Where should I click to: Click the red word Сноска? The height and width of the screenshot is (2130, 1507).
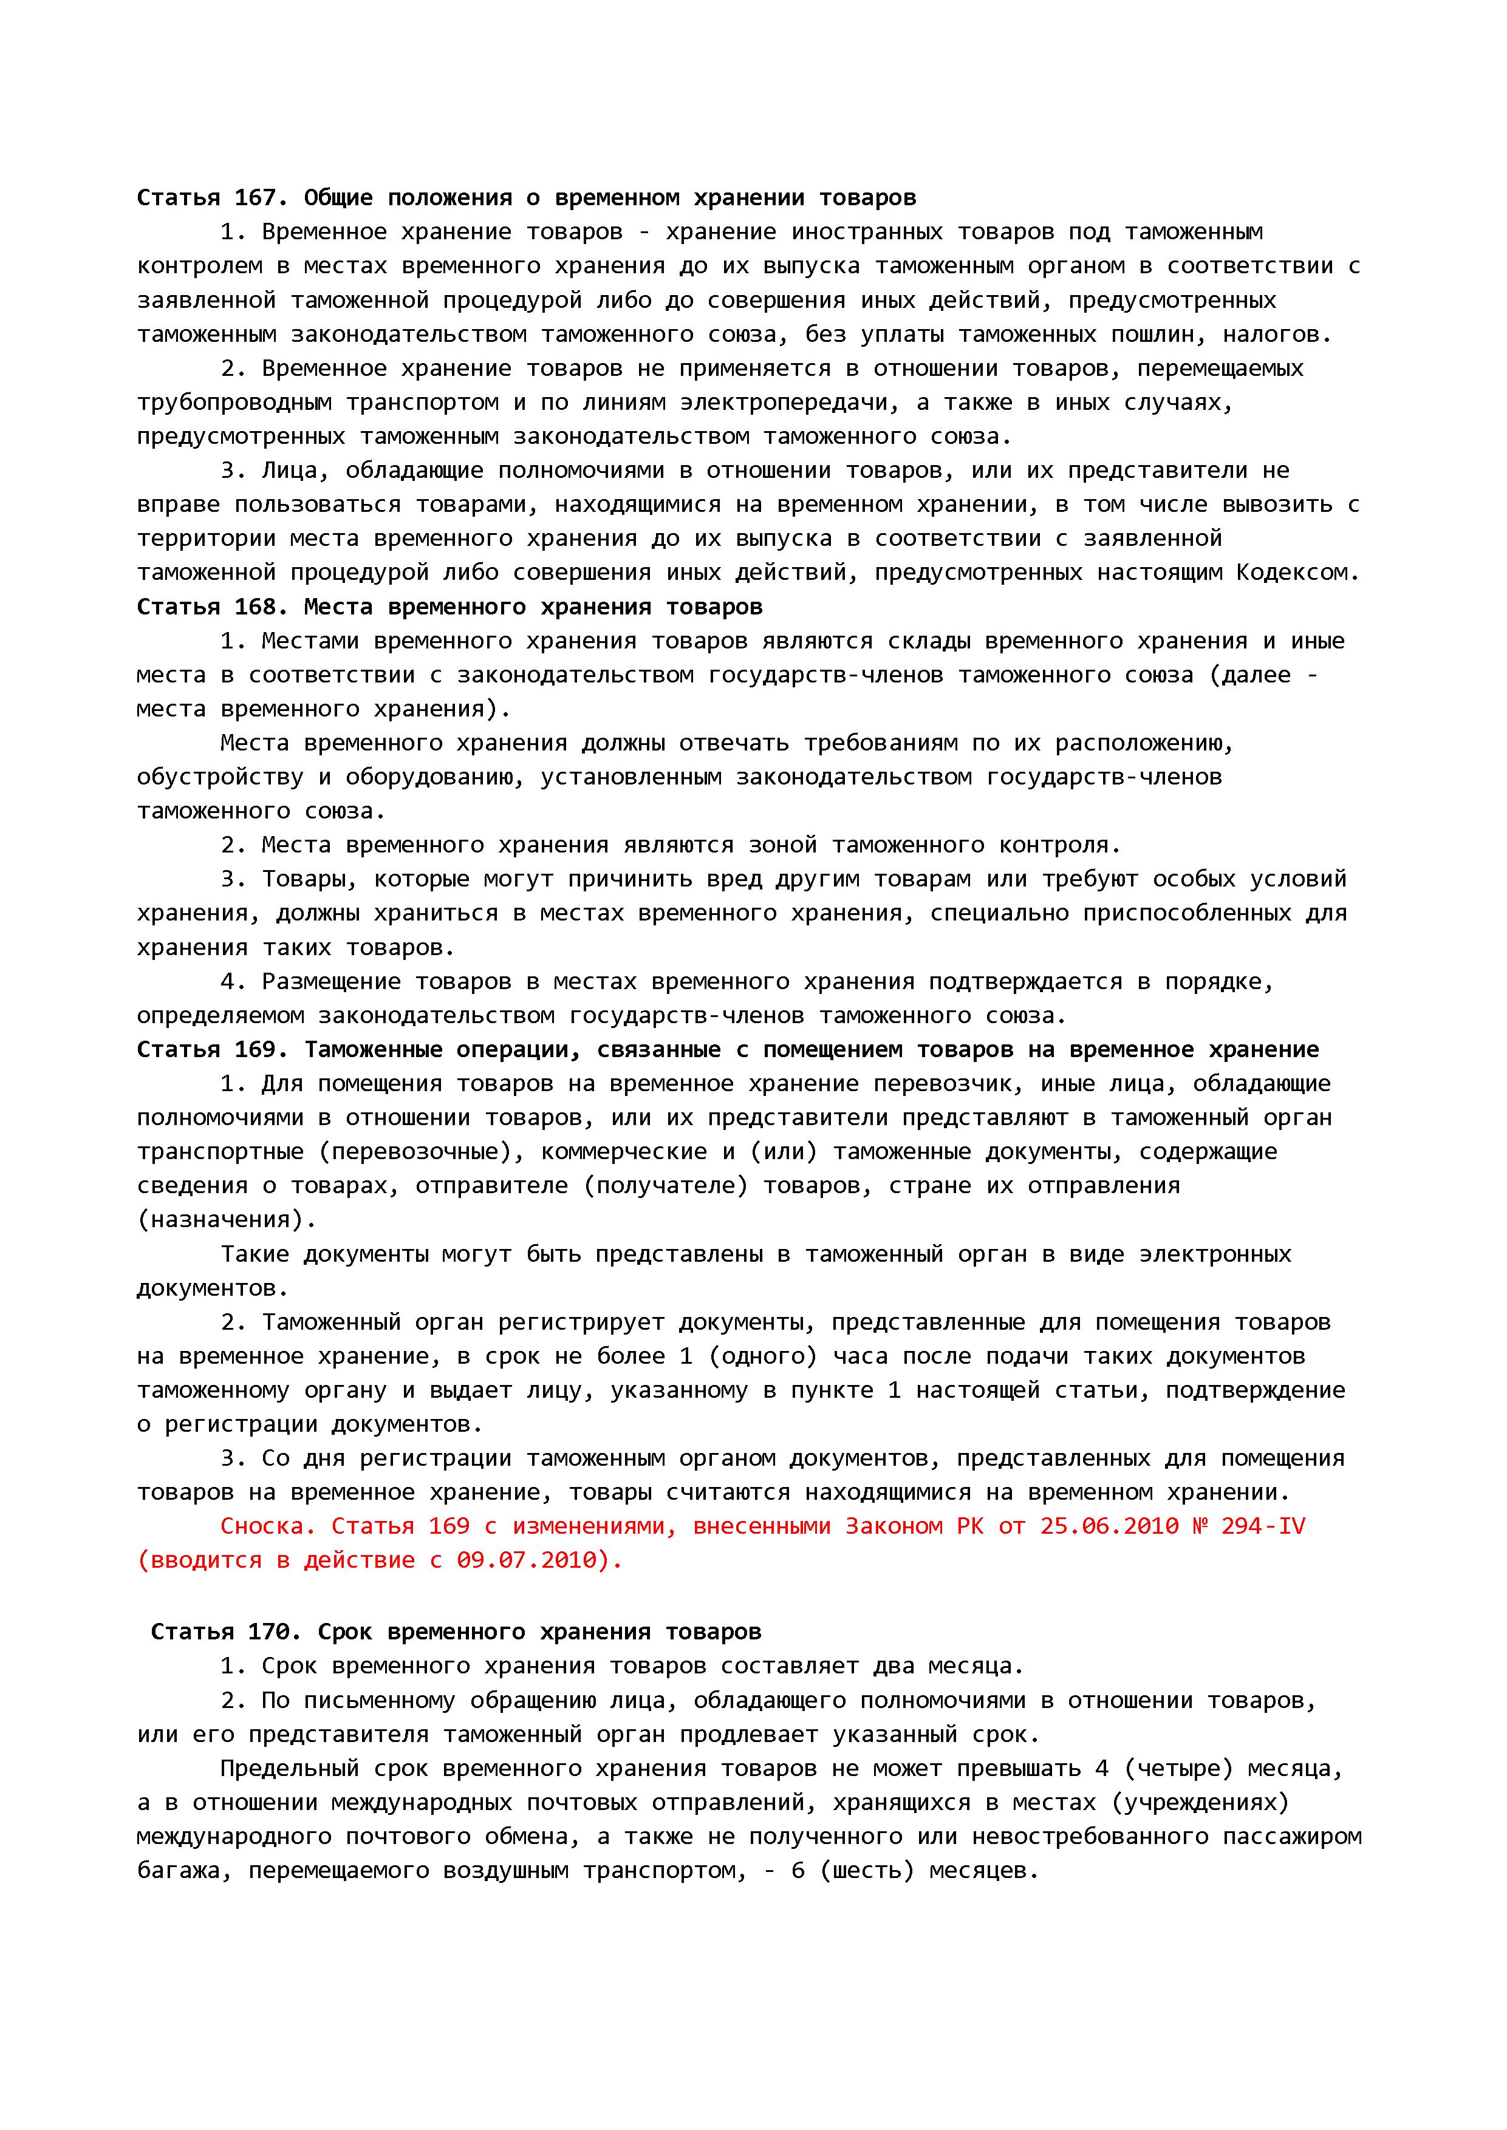tap(268, 1526)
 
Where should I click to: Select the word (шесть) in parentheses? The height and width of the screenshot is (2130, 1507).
tap(867, 1870)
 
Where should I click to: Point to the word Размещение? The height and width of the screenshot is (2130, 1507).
tap(330, 981)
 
